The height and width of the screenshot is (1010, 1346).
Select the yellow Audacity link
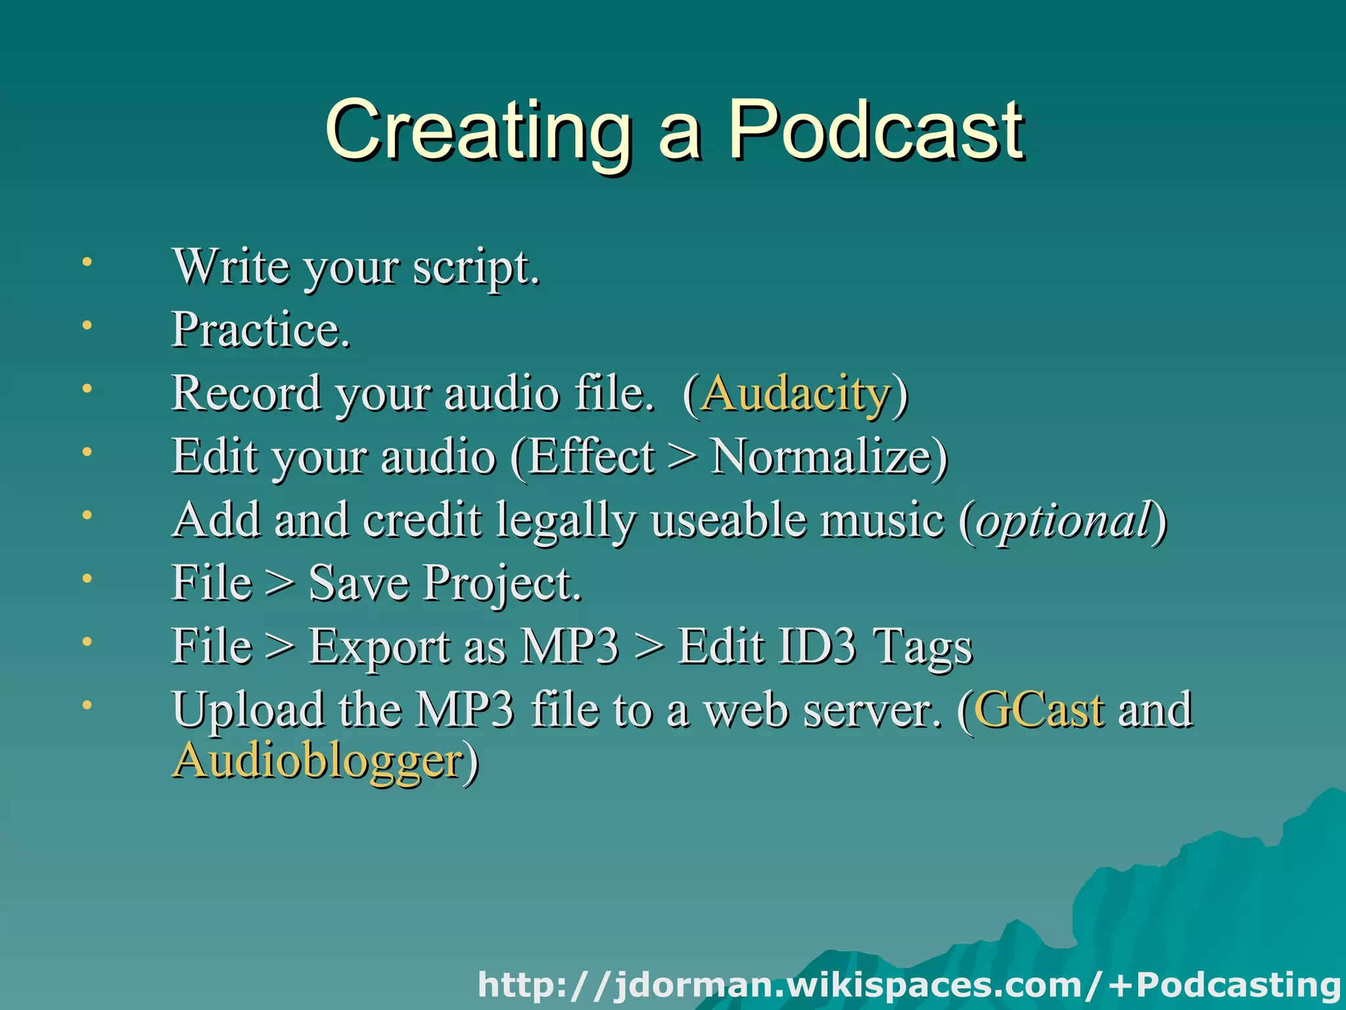point(796,393)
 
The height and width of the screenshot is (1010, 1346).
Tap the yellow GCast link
point(1038,710)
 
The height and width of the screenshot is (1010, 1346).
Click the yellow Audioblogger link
point(318,761)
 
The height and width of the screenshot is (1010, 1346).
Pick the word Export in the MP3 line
point(380,646)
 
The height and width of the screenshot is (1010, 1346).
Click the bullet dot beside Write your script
point(87,262)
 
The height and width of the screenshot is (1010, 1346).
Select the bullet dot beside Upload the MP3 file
point(87,704)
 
